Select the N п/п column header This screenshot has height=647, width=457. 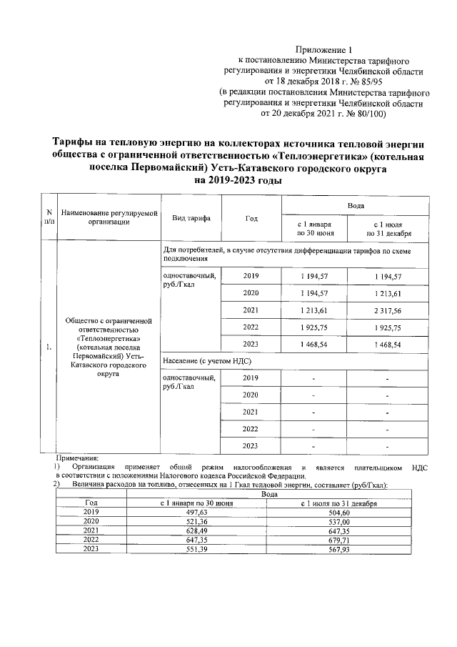tap(49, 218)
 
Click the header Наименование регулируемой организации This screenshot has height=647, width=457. tap(109, 218)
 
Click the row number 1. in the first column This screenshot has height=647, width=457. tap(49, 348)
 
